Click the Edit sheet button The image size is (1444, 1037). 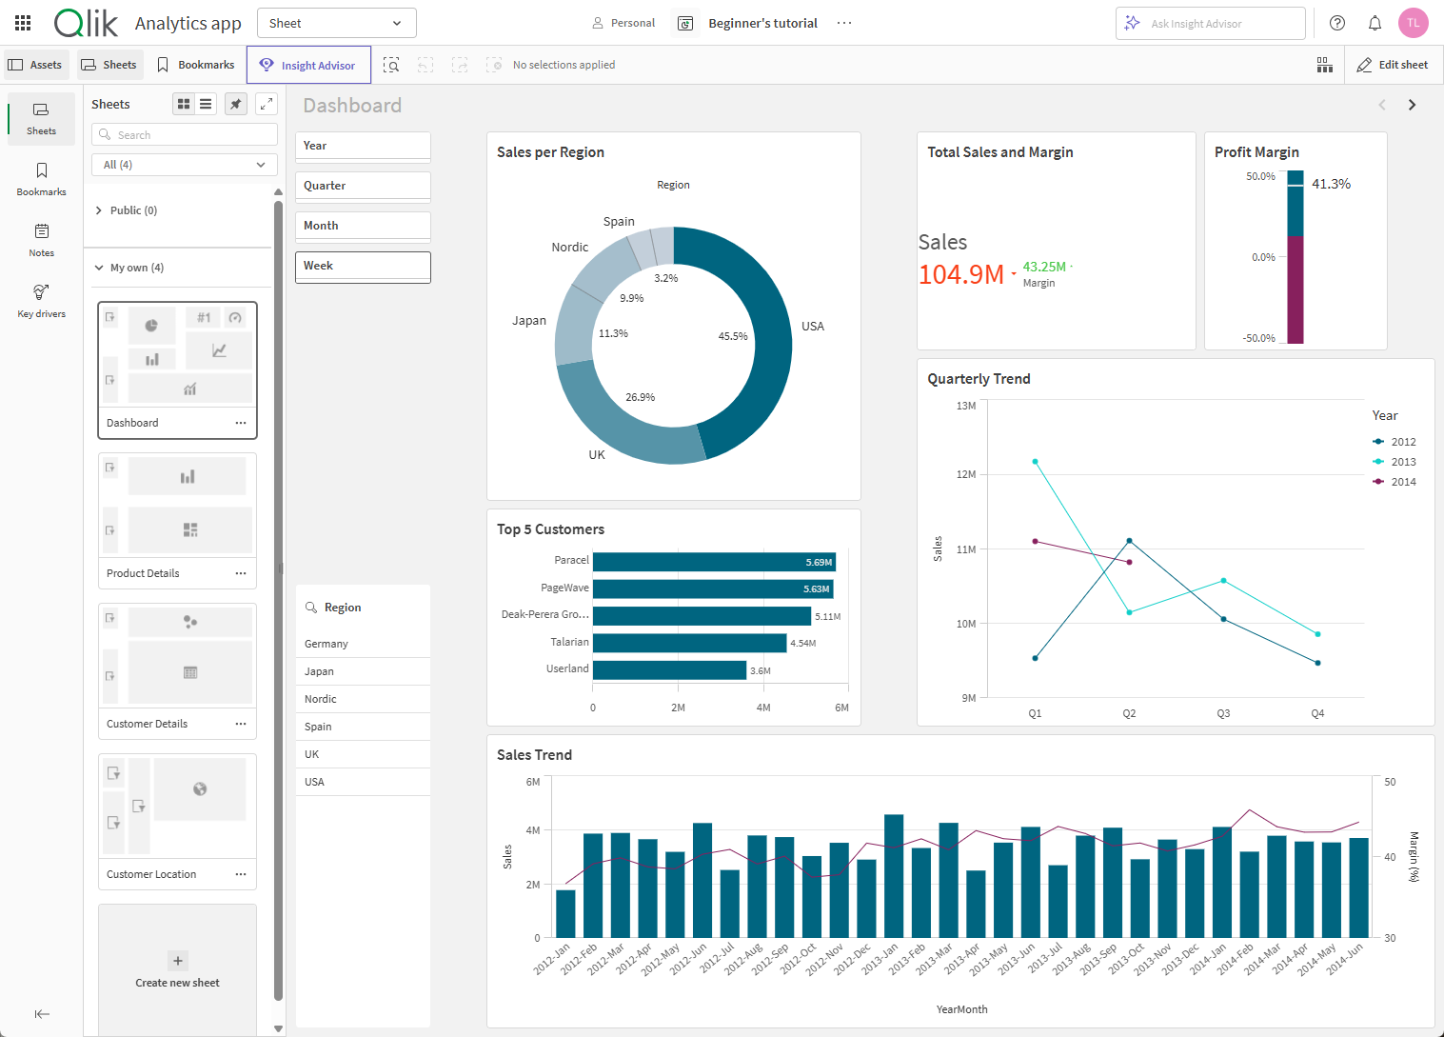pyautogui.click(x=1393, y=65)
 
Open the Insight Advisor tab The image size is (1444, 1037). pyautogui.click(x=308, y=65)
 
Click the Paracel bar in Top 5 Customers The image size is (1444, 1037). pyautogui.click(x=713, y=562)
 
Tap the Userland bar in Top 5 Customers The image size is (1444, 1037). pyautogui.click(x=669, y=669)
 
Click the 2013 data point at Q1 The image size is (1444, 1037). pyautogui.click(x=1035, y=462)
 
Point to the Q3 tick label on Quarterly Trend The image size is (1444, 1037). pyautogui.click(x=1223, y=713)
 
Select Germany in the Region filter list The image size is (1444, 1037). pyautogui.click(x=326, y=644)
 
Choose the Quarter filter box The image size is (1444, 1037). pyautogui.click(x=363, y=186)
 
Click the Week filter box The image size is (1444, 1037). pyautogui.click(x=363, y=267)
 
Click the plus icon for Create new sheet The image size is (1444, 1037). pyautogui.click(x=178, y=960)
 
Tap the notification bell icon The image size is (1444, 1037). pyautogui.click(x=1375, y=23)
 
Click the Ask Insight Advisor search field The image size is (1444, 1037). pyautogui.click(x=1210, y=23)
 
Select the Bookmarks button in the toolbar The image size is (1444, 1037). pyautogui.click(x=196, y=65)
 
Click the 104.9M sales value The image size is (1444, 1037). pyautogui.click(x=961, y=274)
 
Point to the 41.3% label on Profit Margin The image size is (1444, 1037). pyautogui.click(x=1331, y=184)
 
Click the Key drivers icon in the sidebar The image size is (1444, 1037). pyautogui.click(x=41, y=299)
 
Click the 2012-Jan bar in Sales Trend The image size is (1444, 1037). pyautogui.click(x=565, y=913)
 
